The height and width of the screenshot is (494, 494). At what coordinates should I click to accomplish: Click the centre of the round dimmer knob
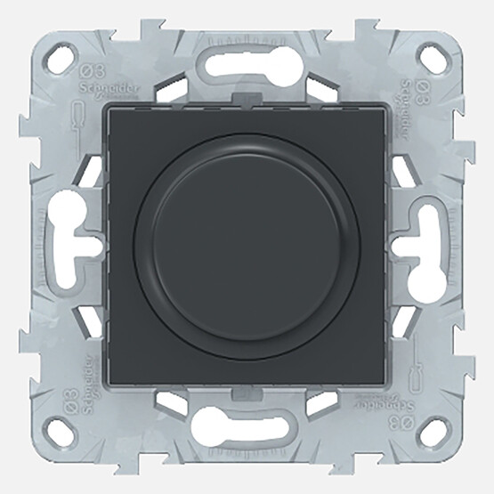coord(247,247)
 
